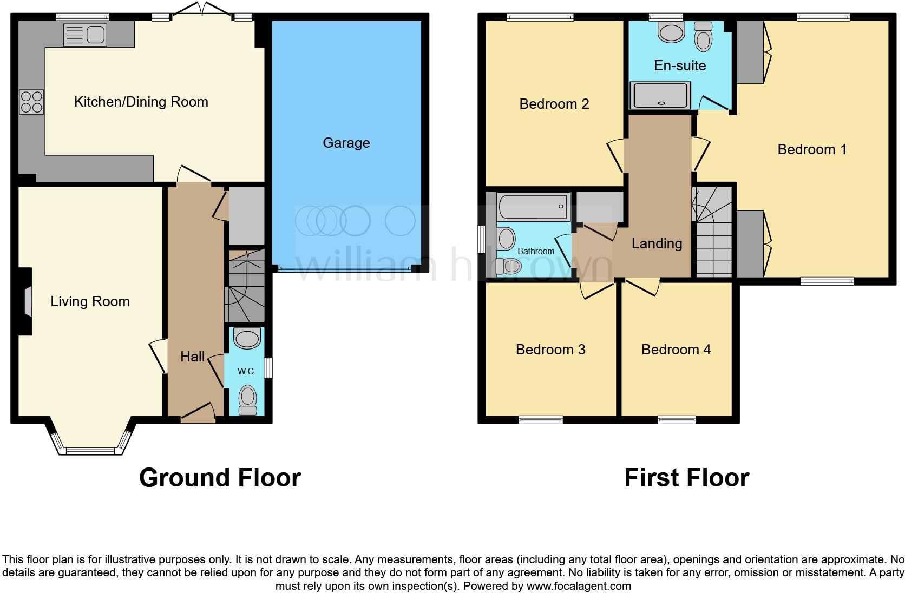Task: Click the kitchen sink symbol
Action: pyautogui.click(x=85, y=35)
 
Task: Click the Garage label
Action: pyautogui.click(x=346, y=143)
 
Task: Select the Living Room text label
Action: pyautogui.click(x=90, y=301)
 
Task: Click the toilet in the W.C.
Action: pyautogui.click(x=247, y=399)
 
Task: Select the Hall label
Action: pyautogui.click(x=192, y=357)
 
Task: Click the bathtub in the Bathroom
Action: pyautogui.click(x=534, y=207)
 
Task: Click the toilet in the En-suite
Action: pyautogui.click(x=703, y=36)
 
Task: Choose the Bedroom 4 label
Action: pyautogui.click(x=676, y=350)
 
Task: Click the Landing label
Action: pyautogui.click(x=657, y=243)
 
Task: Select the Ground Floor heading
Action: pyautogui.click(x=220, y=478)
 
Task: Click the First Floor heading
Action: pyautogui.click(x=686, y=478)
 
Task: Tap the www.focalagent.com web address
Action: pyautogui.click(x=578, y=585)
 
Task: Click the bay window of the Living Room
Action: pyautogui.click(x=90, y=450)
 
